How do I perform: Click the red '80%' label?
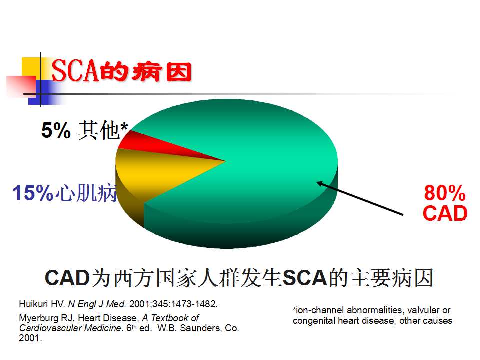445,193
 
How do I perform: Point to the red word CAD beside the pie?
445,213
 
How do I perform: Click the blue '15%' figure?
33,193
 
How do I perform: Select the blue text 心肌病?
86,193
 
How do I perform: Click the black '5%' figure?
56,130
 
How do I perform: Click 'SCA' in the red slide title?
76,71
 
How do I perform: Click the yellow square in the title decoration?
32,68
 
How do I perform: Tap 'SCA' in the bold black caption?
305,278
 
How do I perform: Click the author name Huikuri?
33,304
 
